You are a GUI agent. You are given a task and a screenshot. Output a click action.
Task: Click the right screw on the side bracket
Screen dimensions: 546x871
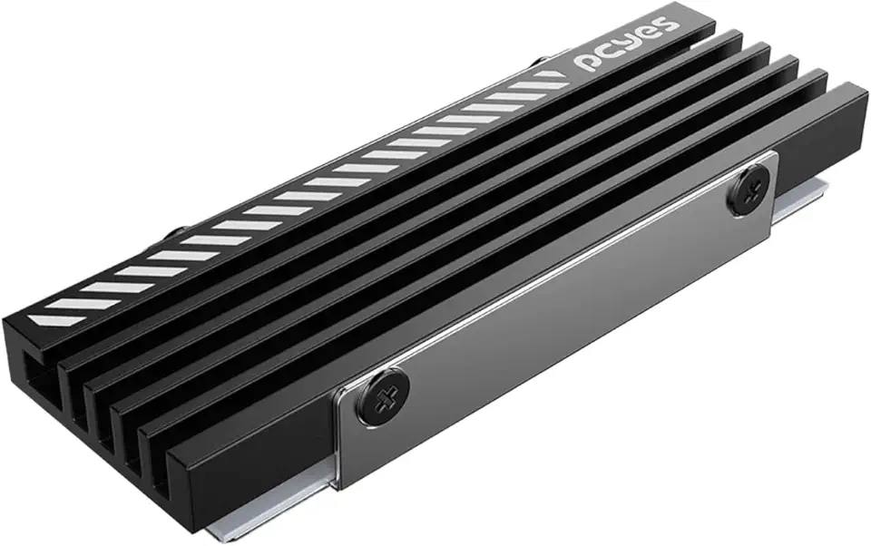pos(749,192)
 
